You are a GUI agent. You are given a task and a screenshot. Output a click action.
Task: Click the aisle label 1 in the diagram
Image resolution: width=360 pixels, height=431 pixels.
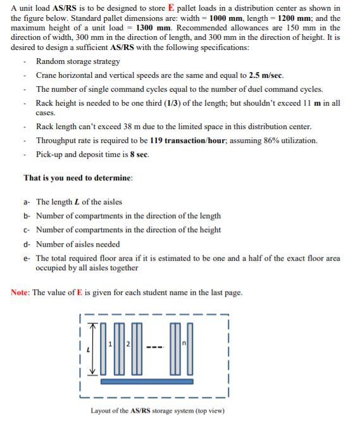coord(110,344)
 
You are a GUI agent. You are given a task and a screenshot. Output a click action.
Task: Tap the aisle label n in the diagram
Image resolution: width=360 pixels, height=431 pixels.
coord(183,344)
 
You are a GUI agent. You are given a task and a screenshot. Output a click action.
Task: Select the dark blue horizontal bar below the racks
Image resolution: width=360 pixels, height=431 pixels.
coord(146,382)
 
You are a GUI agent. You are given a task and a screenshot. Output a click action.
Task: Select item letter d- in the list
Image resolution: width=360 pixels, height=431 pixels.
coord(27,244)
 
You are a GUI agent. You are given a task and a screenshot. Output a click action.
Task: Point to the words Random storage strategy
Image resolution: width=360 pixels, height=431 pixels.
coord(78,61)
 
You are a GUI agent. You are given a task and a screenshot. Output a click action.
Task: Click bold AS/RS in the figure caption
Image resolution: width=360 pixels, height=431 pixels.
coord(142,411)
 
